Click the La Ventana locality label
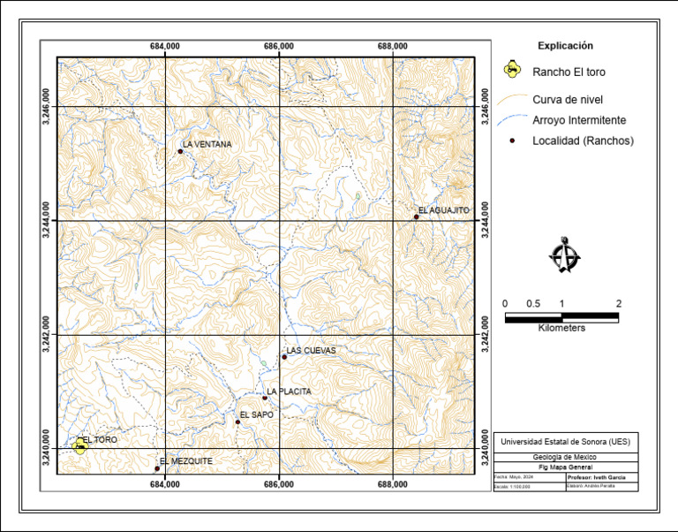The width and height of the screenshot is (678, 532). pos(207,143)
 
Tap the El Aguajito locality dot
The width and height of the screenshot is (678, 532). pos(416,217)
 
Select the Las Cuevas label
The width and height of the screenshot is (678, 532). pos(312,350)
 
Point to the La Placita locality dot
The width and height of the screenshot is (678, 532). pos(265,398)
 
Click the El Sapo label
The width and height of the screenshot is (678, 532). pos(257,414)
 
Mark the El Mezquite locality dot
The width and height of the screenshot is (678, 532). pos(157,468)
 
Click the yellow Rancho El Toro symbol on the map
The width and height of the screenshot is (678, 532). pos(80,445)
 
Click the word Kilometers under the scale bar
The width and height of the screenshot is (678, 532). pos(561,328)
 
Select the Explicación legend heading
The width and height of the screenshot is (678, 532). pos(565,46)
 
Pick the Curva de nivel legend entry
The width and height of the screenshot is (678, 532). pos(568,99)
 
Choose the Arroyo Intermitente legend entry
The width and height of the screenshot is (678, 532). pos(579,119)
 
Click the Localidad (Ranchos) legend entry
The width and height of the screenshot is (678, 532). pos(583,141)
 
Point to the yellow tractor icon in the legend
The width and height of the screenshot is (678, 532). pos(510,70)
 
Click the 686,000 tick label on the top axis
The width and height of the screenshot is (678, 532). pos(279,46)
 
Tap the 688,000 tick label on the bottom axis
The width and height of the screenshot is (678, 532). pos(392,484)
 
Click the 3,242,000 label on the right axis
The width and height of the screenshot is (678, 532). pos(485,335)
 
